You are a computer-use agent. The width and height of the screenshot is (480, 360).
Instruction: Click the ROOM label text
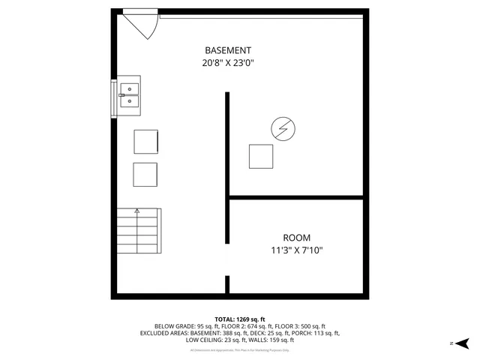[296, 237]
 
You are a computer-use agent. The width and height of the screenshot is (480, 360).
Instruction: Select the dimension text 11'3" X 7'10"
[297, 250]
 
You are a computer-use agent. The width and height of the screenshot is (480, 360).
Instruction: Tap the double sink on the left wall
[129, 95]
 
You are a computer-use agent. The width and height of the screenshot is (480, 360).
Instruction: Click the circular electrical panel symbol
[283, 130]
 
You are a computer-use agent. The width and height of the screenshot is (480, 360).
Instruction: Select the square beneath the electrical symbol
[261, 156]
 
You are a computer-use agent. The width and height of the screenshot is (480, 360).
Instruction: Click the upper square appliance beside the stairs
[145, 142]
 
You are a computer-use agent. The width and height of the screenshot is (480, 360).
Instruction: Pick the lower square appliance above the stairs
[145, 174]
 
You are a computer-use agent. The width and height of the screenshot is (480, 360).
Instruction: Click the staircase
[139, 233]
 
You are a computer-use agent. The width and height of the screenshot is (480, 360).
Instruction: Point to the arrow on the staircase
[136, 212]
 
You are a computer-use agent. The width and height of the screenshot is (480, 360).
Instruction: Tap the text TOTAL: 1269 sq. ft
[239, 319]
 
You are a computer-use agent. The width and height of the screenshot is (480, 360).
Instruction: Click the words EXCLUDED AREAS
[163, 333]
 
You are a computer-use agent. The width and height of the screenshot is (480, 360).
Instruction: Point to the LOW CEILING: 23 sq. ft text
[212, 340]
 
